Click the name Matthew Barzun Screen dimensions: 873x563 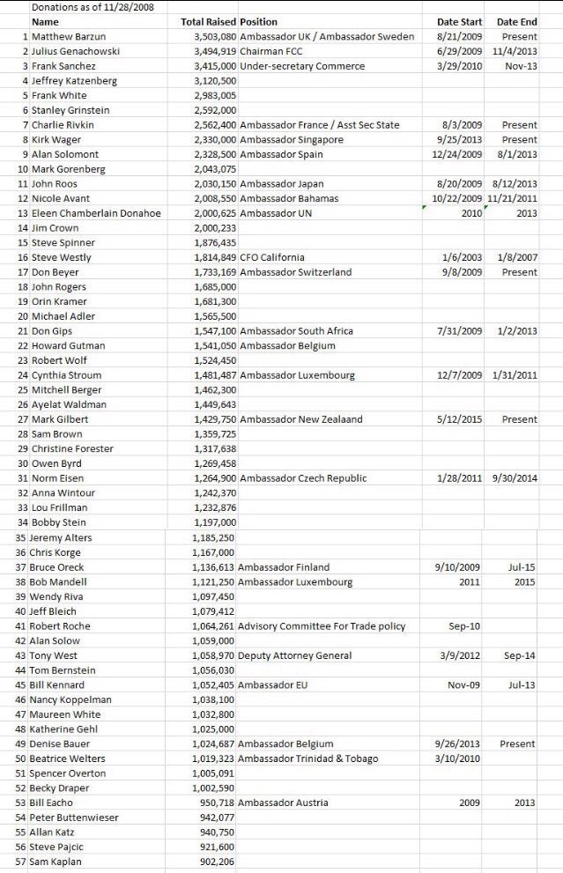(64, 36)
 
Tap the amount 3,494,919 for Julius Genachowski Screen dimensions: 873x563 (214, 51)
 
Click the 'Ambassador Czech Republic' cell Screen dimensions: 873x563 (303, 478)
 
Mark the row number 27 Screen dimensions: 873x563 (24, 419)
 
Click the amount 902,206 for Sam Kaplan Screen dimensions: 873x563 (218, 862)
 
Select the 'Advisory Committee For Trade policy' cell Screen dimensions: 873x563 (322, 626)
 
